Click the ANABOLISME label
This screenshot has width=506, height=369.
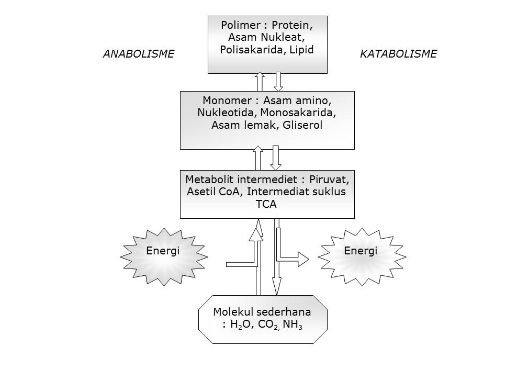138,54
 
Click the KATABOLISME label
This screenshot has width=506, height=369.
398,54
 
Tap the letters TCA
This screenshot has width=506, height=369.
266,204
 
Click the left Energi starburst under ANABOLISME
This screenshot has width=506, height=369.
162,251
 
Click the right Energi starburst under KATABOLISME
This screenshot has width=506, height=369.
361,251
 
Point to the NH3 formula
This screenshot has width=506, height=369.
293,325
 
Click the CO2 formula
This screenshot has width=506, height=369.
268,325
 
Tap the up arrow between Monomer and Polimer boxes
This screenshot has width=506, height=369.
259,82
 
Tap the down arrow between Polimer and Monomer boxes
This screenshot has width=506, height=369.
278,82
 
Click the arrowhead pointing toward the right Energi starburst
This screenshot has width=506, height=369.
303,258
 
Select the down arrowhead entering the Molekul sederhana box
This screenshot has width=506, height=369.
277,288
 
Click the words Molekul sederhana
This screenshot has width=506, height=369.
262,312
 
